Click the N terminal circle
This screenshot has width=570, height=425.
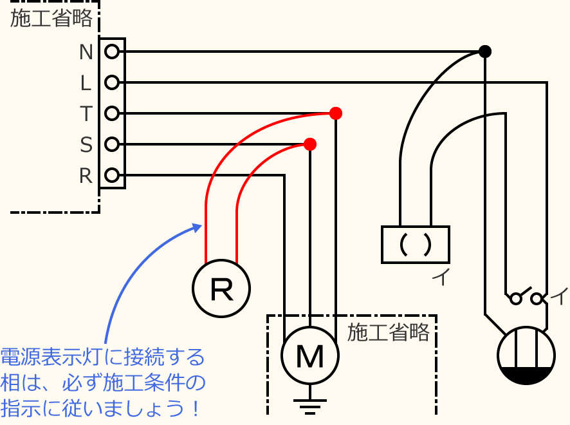point(112,52)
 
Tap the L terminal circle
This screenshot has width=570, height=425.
point(112,82)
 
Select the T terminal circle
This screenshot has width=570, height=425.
point(112,113)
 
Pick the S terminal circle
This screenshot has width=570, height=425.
point(112,144)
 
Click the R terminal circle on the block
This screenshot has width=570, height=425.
point(112,175)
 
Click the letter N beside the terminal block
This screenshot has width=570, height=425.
point(86,52)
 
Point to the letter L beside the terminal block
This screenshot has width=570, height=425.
point(86,83)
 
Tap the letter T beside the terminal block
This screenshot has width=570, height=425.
point(86,114)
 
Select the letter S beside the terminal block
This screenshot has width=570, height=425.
point(86,145)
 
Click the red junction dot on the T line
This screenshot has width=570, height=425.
point(335,113)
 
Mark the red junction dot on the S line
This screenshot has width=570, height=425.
point(310,144)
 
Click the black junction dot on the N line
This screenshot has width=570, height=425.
point(485,52)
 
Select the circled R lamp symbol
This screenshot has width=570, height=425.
point(221,288)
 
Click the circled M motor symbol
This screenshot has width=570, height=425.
point(310,355)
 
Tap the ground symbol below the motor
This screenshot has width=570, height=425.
point(310,406)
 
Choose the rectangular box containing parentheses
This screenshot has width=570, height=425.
point(415,245)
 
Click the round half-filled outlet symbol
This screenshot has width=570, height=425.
point(526,355)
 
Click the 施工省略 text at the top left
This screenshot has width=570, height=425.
point(51,19)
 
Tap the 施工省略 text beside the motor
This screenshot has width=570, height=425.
point(388,333)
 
